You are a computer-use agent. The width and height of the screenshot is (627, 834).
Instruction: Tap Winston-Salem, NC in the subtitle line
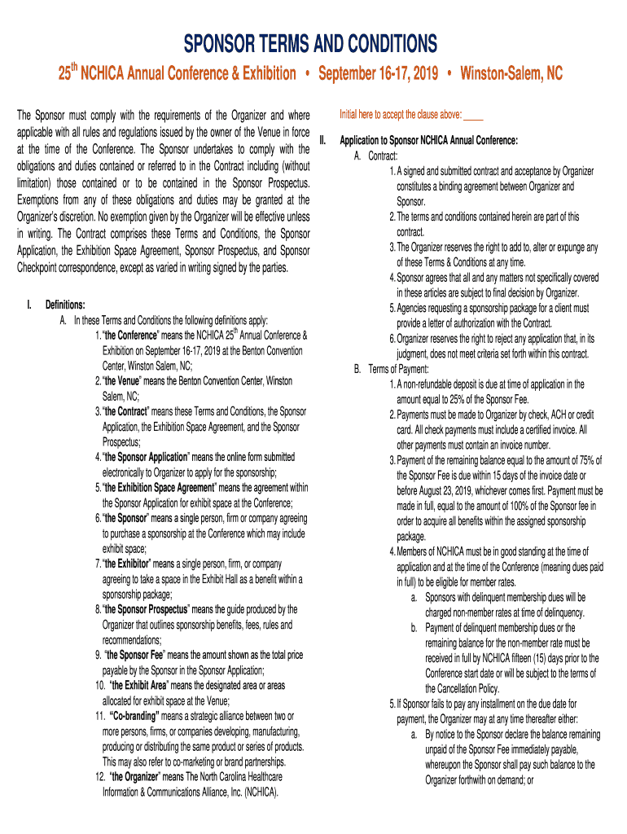[511, 74]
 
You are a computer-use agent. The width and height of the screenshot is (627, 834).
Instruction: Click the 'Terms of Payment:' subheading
[394, 368]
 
